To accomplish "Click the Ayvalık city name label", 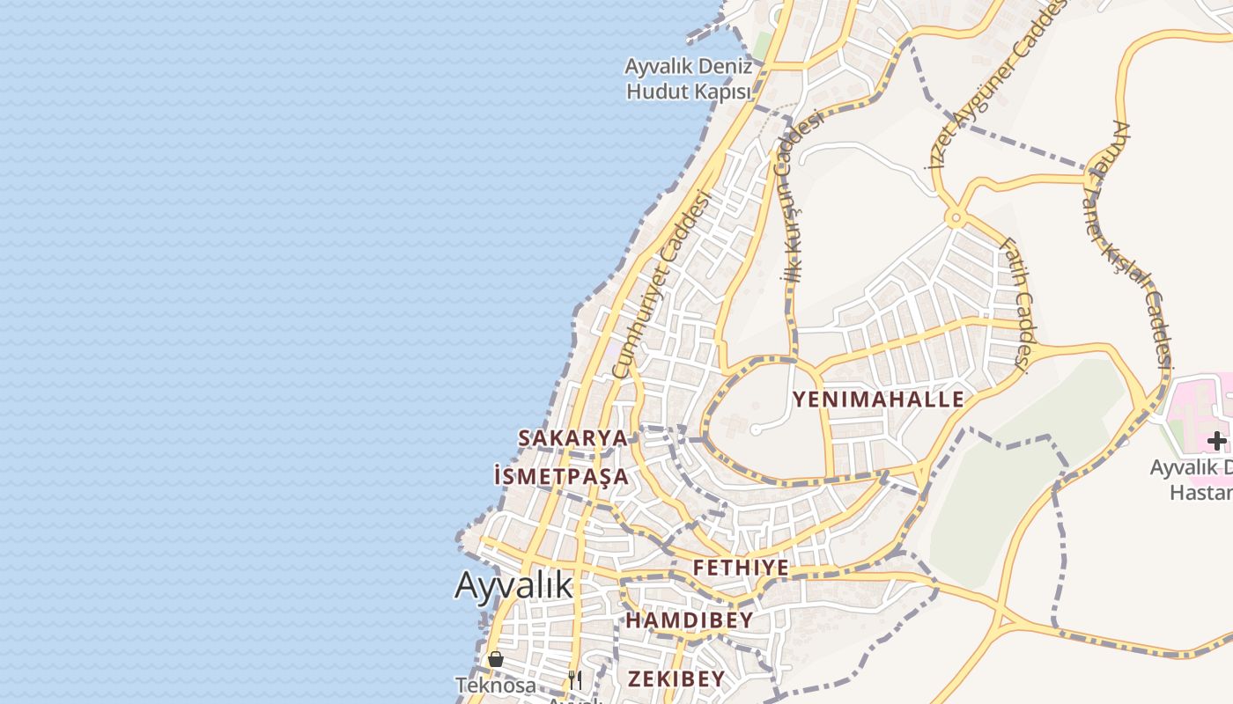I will (514, 585).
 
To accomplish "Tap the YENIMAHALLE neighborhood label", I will (878, 400).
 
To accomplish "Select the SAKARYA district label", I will (572, 437).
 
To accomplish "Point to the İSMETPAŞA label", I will (562, 477).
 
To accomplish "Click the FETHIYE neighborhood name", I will (741, 568).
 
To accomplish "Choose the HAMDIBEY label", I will (690, 620).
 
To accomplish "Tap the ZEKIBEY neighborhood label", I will (676, 678).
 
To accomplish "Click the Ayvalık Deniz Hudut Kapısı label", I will (688, 79).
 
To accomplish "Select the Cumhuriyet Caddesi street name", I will (661, 283).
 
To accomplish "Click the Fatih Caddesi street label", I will (1015, 303).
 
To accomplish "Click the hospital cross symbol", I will (1216, 440).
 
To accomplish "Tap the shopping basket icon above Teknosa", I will (496, 658).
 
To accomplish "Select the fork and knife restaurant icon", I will (575, 679).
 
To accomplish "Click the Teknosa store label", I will (496, 685).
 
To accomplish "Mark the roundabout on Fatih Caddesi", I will (955, 216).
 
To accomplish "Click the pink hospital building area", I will (1198, 400).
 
